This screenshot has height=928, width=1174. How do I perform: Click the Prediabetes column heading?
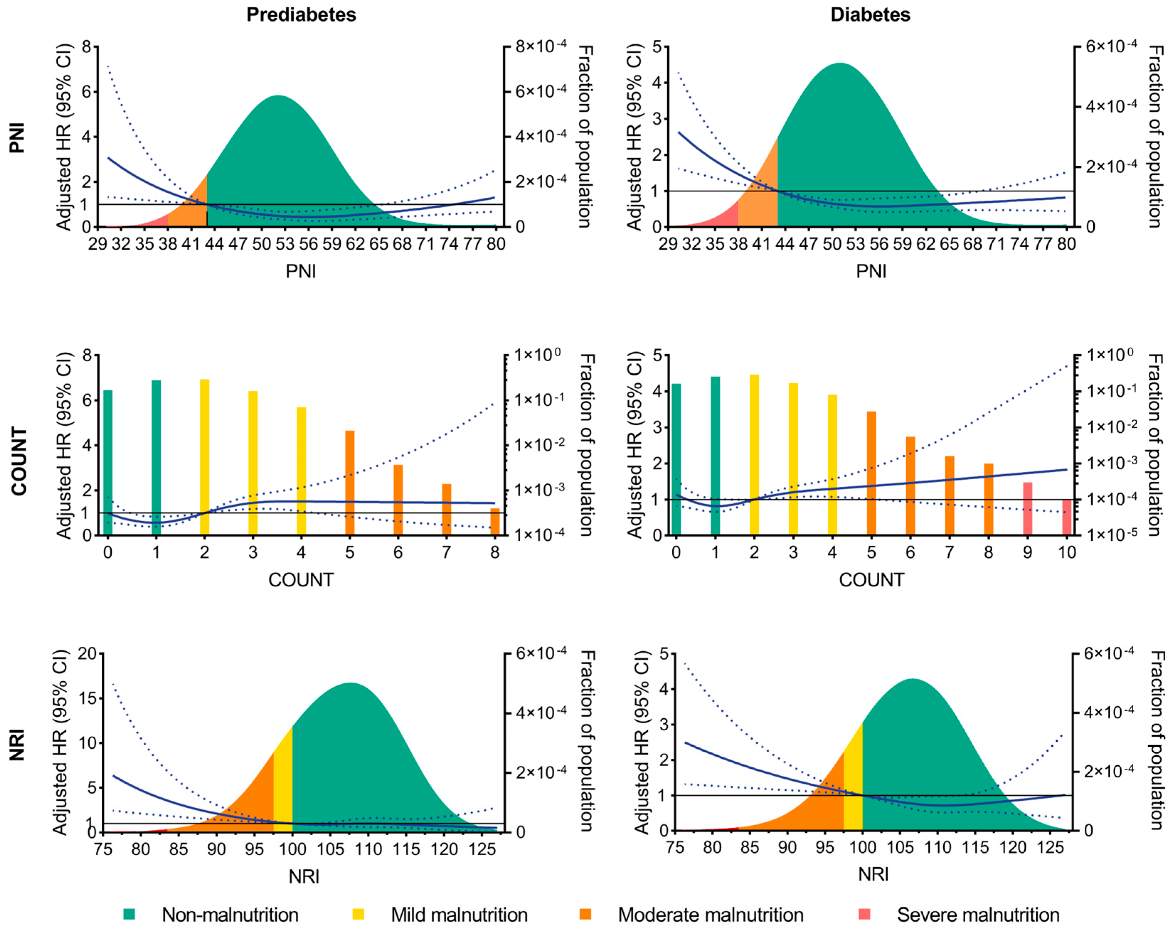pos(301,15)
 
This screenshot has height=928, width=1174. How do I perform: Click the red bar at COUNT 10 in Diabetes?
pos(1066,517)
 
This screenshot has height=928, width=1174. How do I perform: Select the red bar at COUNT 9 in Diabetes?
pos(1027,508)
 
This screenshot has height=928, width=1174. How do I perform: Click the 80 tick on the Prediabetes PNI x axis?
pos(496,244)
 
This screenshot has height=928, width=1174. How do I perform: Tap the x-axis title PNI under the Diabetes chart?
pos(871,271)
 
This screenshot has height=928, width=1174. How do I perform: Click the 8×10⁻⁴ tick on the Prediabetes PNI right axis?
pos(540,47)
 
